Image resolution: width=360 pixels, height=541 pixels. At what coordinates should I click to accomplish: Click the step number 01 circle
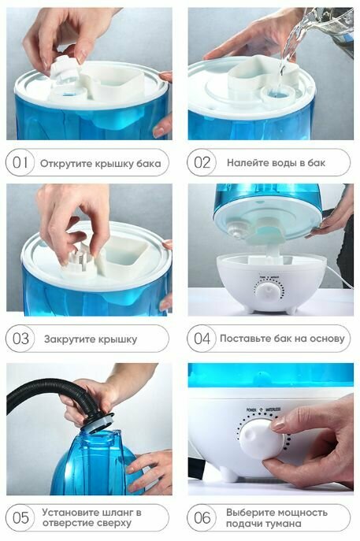(20, 162)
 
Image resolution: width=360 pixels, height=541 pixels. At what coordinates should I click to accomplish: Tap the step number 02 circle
(201, 162)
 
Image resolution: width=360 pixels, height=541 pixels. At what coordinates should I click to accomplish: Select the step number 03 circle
(20, 339)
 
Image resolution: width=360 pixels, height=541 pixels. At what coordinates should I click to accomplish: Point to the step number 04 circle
(201, 339)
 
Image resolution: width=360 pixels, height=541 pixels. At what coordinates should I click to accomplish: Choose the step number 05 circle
(20, 517)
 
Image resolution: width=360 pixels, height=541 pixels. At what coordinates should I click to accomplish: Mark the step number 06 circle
(201, 517)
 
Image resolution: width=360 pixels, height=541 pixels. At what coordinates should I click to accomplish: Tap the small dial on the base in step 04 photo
(269, 291)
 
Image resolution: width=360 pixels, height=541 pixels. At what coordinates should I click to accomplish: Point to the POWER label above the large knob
(251, 409)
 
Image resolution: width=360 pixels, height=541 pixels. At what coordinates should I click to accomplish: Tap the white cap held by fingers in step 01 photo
(65, 72)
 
